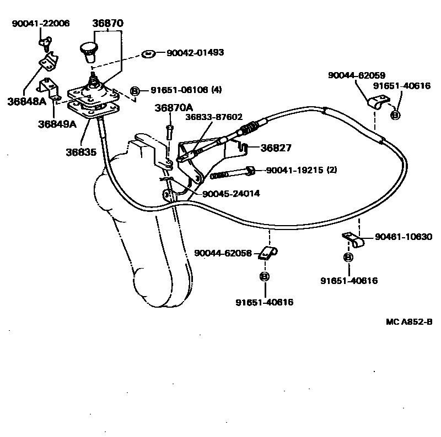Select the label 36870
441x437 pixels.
pyautogui.click(x=108, y=24)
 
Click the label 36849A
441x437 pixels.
pyautogui.click(x=57, y=124)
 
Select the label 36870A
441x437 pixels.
pyautogui.click(x=174, y=108)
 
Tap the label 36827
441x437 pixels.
pyautogui.click(x=276, y=148)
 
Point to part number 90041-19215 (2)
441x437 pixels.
pyautogui.click(x=301, y=171)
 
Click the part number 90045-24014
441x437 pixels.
pyautogui.click(x=231, y=193)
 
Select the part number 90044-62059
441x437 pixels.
pyautogui.click(x=356, y=75)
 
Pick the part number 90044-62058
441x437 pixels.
pyautogui.click(x=223, y=254)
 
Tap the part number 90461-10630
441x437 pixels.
pyautogui.click(x=404, y=237)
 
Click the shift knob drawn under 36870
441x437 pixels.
pyautogui.click(x=87, y=49)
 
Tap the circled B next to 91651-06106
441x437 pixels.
pyautogui.click(x=135, y=90)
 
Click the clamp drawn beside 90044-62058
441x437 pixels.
pyautogui.click(x=268, y=254)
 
